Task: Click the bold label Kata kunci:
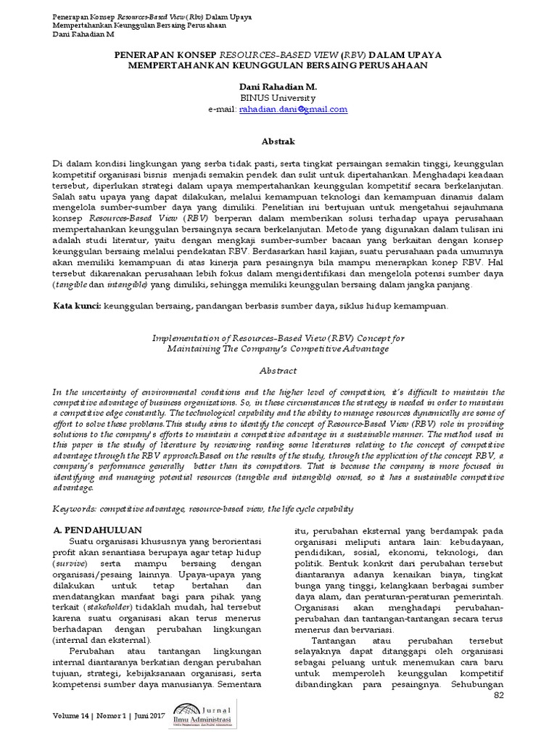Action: tap(78, 306)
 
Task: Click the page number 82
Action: tap(498, 696)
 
